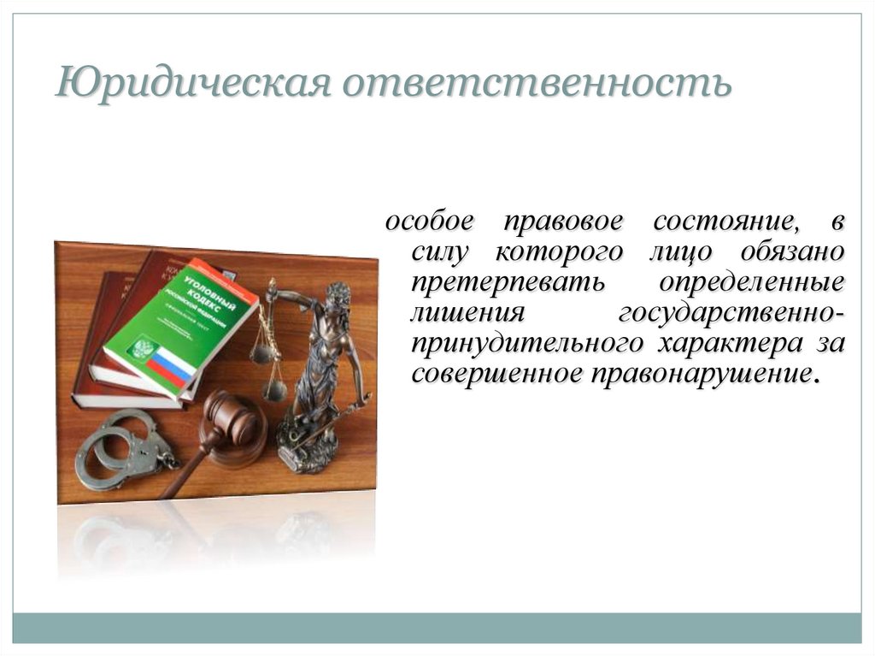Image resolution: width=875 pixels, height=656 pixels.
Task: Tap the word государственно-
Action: pyautogui.click(x=731, y=314)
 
